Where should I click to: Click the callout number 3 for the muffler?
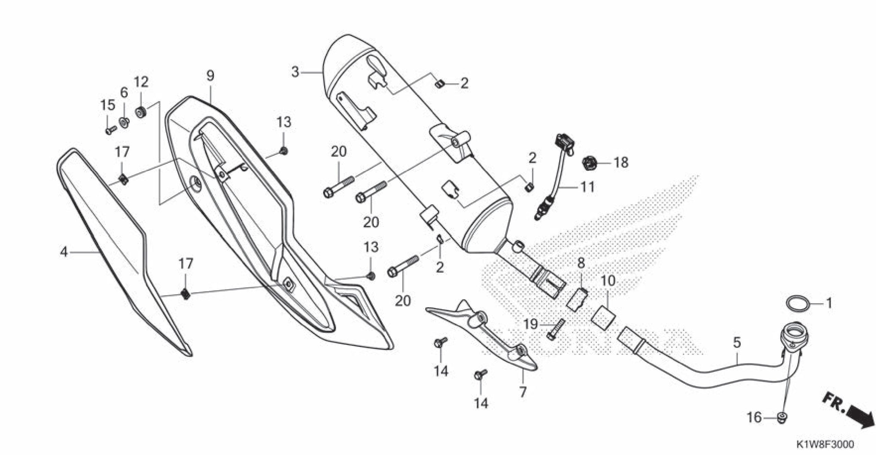(295, 72)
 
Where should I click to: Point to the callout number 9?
(210, 76)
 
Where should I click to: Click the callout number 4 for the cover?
(64, 252)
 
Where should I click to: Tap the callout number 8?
(581, 263)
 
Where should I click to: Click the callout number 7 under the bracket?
(523, 392)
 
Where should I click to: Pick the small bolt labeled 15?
(110, 130)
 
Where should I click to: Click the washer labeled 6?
(124, 122)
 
